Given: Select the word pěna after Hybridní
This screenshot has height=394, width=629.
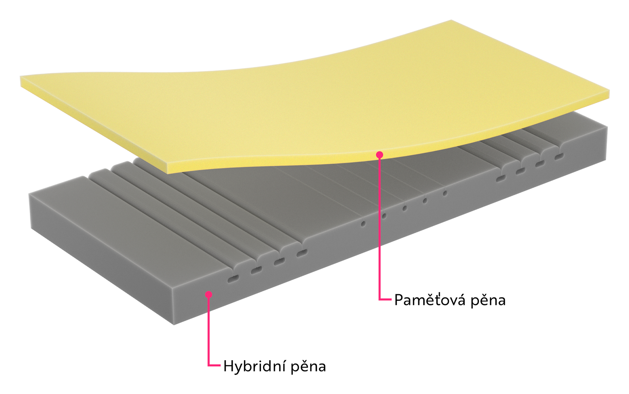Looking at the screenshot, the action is (308, 367).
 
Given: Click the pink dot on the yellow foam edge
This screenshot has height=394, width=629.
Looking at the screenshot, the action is (380, 155).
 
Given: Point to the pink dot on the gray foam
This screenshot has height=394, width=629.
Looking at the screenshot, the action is (208, 294).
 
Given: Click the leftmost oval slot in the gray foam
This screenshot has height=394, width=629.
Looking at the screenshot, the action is (233, 279).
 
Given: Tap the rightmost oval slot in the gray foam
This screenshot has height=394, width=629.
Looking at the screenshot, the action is (559, 157).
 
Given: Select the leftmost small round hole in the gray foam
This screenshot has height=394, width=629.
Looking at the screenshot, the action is (363, 224).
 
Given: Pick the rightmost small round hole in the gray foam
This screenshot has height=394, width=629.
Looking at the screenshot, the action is (445, 193).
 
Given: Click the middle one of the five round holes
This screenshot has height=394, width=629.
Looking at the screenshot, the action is (405, 209).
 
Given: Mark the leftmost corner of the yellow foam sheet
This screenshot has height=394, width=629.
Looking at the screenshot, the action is (20, 76).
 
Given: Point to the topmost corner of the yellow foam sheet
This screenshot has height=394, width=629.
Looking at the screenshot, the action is (451, 20).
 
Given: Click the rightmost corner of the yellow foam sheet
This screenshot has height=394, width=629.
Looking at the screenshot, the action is (609, 90).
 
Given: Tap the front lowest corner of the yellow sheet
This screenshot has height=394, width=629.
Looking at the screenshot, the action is (167, 173).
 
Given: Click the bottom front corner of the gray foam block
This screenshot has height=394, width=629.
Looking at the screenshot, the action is (174, 325).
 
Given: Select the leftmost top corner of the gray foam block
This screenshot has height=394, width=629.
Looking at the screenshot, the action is (29, 194).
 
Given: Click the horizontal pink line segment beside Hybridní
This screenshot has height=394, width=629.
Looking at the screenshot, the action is (214, 365).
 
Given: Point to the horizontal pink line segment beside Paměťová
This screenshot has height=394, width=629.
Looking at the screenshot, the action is (385, 300).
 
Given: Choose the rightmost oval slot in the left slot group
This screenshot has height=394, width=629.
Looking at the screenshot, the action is (302, 253).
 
